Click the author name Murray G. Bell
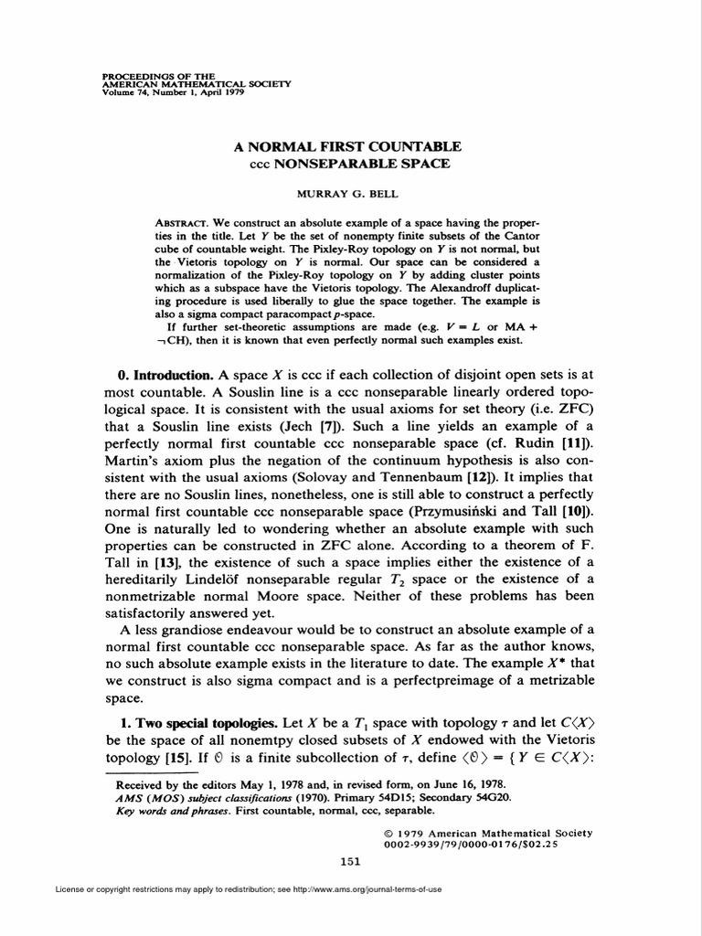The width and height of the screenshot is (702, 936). [350, 195]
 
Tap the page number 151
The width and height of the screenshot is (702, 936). [350, 861]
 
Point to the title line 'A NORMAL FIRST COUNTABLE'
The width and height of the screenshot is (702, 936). [351, 147]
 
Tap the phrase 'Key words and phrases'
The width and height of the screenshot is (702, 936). [169, 810]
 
